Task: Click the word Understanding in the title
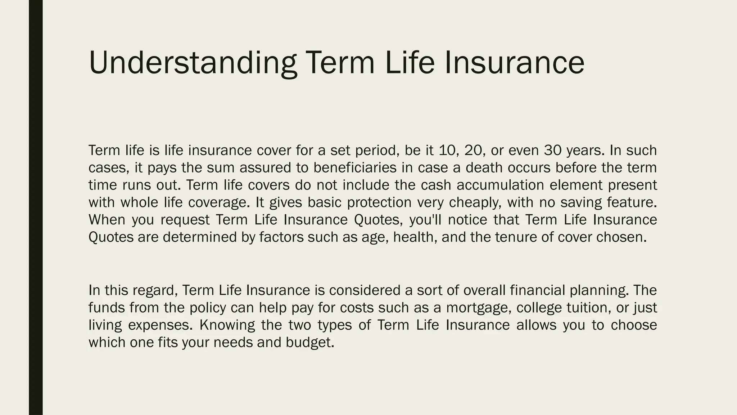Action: pos(193,63)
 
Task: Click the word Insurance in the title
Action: pos(514,63)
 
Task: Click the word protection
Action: pos(379,202)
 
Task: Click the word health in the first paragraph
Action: pos(415,237)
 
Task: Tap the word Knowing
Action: pos(227,325)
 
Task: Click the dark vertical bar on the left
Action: pos(36,207)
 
